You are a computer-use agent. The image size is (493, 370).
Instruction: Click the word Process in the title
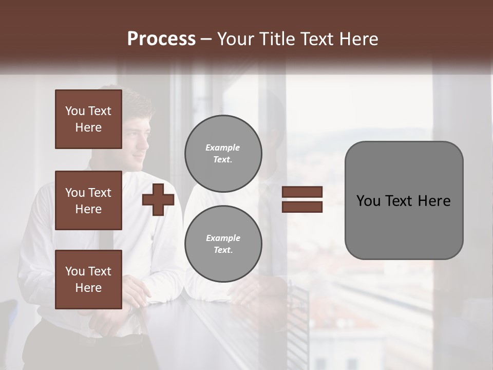point(161,39)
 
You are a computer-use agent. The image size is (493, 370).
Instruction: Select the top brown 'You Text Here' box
point(88,119)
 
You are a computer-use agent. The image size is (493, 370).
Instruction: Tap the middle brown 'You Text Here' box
point(88,200)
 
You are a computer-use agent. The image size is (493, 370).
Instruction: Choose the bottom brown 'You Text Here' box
point(88,280)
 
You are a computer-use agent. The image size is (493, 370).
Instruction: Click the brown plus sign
point(158,199)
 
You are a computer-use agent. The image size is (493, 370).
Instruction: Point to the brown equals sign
point(302,199)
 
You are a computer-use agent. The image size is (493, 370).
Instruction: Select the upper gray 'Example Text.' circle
point(223,154)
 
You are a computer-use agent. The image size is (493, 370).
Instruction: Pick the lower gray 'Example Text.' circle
point(223,244)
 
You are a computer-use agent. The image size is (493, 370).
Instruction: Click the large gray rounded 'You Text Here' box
point(404,200)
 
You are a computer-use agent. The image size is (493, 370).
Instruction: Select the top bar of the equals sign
point(302,192)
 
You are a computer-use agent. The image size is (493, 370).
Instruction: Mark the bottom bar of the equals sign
point(302,207)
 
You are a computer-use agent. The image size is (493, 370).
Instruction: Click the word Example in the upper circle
point(223,148)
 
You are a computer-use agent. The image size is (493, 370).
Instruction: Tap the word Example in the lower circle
point(223,238)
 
